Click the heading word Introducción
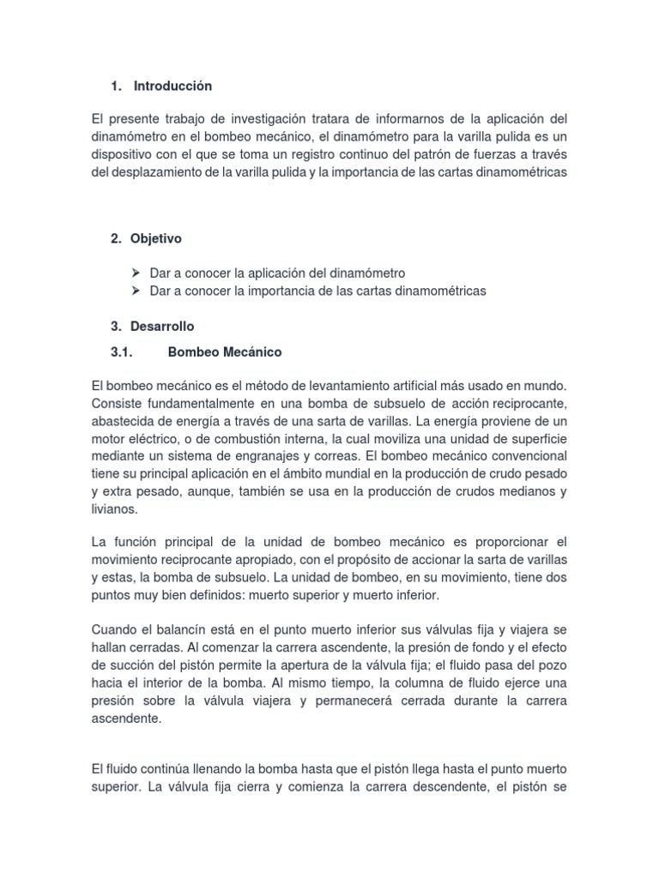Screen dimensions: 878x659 click(x=172, y=86)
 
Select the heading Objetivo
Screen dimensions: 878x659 click(x=156, y=238)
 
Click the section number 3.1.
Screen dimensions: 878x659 click(x=124, y=352)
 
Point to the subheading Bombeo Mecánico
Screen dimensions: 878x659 click(x=225, y=352)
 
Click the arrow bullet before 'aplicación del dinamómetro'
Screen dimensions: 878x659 click(x=136, y=273)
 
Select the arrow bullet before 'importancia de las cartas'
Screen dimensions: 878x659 click(x=136, y=291)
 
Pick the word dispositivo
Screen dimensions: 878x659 click(x=124, y=153)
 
